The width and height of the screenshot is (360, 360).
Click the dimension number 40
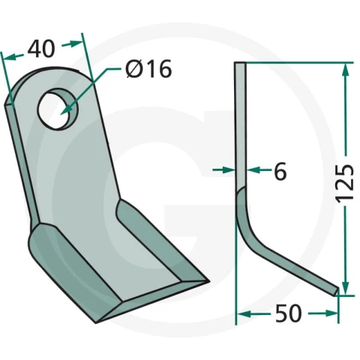point(41,49)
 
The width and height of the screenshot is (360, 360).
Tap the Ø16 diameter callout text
point(148,69)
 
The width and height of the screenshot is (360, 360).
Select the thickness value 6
point(280,171)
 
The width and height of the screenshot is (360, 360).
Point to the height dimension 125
point(345,183)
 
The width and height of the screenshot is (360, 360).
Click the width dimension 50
point(289,313)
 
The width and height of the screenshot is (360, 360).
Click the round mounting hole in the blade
point(58,109)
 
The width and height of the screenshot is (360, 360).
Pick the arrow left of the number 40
point(13,57)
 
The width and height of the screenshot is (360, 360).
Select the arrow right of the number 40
point(72,44)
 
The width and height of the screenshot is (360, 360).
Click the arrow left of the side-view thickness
point(224,170)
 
